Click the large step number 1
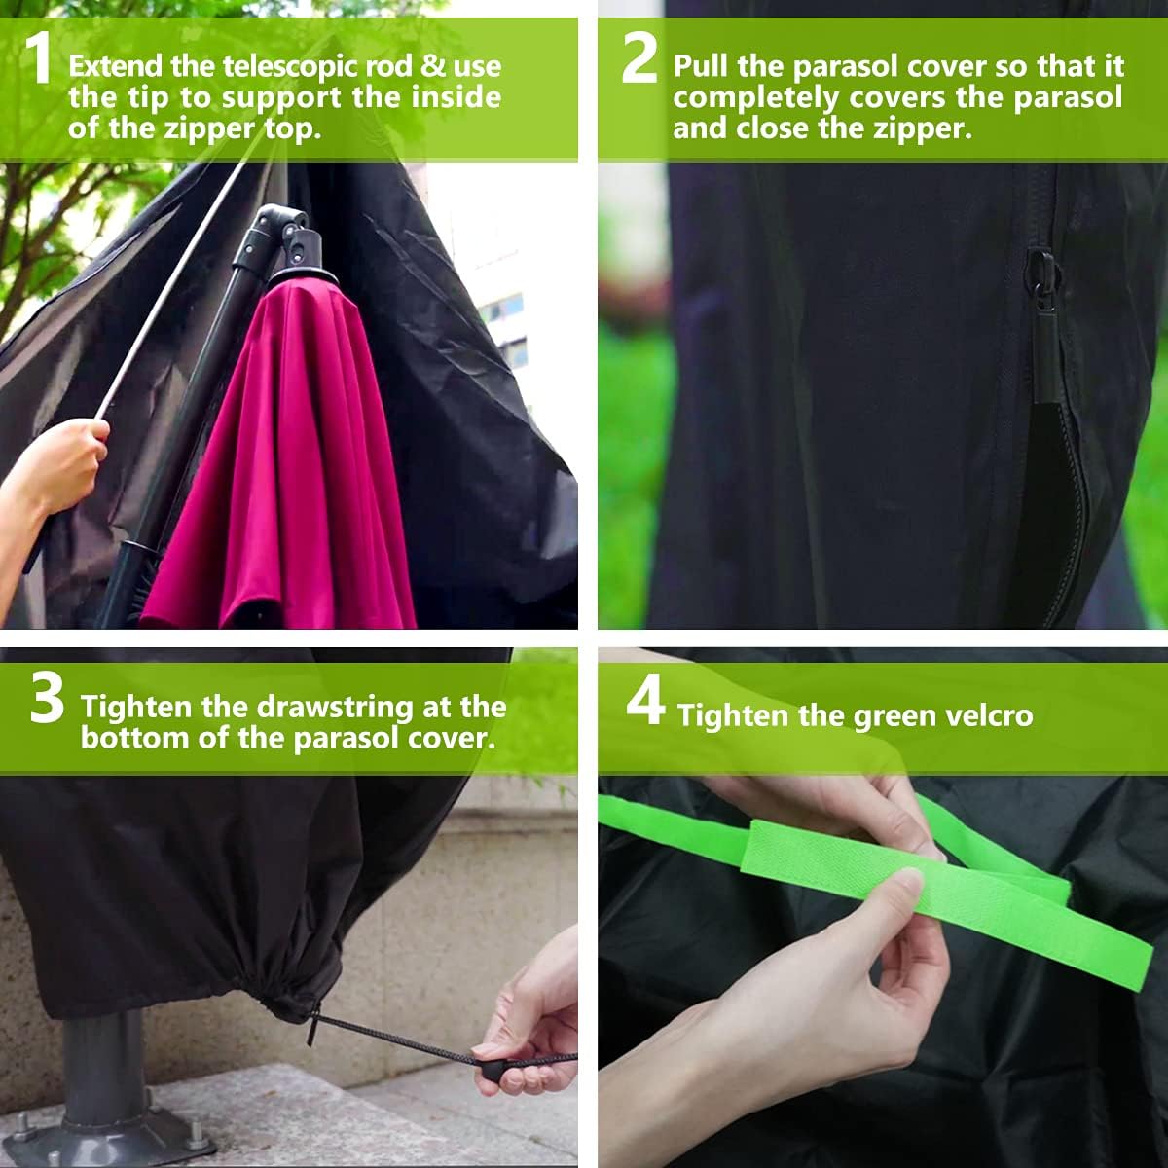39,58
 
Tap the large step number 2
639,58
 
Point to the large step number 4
645,701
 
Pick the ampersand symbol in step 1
433,65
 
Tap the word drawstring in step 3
335,708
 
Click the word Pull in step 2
700,65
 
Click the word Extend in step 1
115,65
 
